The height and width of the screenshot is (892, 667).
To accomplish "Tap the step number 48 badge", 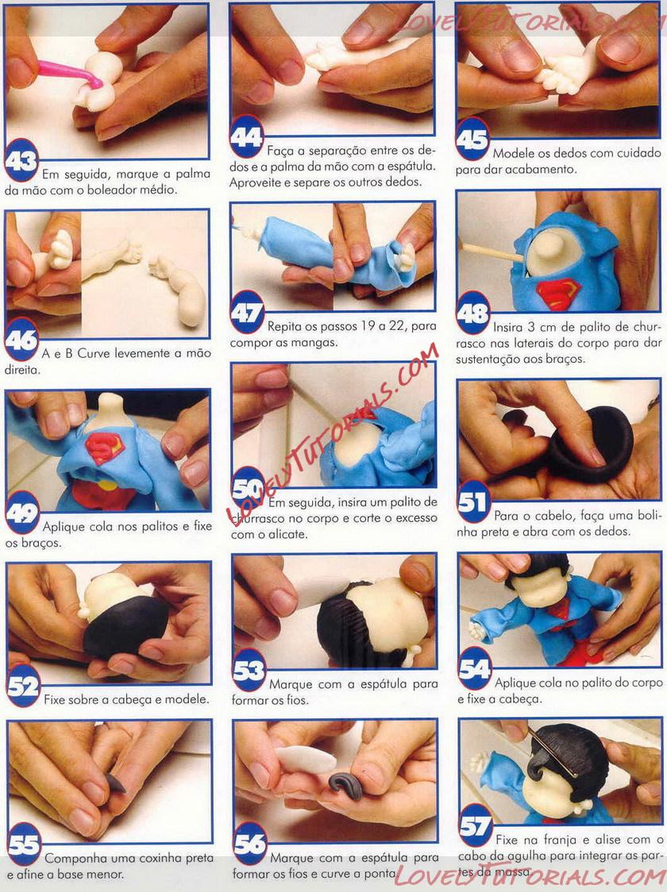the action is (473, 313).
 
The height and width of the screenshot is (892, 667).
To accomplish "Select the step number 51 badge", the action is (473, 502).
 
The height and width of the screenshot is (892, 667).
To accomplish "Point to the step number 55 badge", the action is (24, 844).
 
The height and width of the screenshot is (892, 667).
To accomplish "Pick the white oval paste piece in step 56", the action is (305, 759).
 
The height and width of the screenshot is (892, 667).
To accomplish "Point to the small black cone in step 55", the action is (115, 783).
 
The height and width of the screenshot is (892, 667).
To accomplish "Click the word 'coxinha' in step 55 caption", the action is (160, 858).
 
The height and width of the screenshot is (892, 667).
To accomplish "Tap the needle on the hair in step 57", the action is (552, 752).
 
